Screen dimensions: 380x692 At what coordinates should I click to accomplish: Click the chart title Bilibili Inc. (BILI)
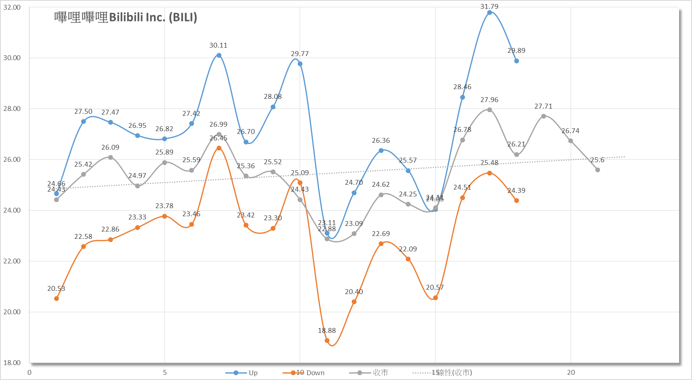125,17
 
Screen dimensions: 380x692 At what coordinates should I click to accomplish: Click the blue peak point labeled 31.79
490,13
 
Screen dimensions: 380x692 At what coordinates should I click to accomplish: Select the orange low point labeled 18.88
327,340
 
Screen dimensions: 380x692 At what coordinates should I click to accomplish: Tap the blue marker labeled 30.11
219,55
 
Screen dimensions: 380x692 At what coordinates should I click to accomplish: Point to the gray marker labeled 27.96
490,110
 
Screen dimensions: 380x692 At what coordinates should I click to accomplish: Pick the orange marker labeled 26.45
219,148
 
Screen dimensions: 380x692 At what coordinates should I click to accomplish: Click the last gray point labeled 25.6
598,170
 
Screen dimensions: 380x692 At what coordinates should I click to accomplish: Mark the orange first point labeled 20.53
56,299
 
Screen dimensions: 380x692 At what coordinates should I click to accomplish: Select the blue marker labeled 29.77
300,64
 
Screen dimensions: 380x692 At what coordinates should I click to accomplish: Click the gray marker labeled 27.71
544,116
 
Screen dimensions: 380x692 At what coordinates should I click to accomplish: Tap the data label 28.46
462,87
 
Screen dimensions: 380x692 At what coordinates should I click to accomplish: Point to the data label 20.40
354,292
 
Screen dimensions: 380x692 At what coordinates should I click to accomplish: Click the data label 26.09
110,147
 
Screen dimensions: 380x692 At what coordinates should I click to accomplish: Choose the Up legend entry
242,373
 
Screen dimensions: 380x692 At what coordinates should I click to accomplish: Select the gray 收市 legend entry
369,373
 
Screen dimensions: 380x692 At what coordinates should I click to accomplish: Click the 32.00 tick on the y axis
12,7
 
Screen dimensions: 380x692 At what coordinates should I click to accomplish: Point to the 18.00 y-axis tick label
12,363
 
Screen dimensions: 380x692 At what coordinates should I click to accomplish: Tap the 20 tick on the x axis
571,372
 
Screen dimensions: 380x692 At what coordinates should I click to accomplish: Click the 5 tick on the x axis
165,372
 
